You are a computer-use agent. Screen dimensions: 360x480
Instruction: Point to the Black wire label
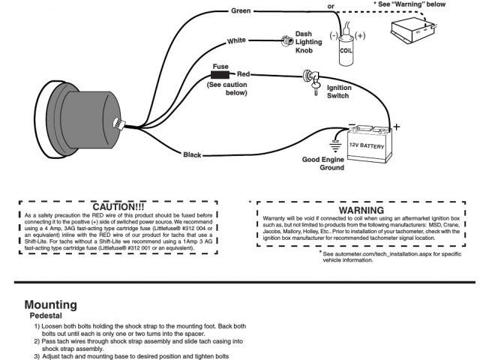click(x=192, y=154)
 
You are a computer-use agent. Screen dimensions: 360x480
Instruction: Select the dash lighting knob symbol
click(x=286, y=41)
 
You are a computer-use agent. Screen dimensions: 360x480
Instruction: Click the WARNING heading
click(x=361, y=210)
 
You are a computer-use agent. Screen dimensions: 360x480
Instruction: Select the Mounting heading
click(x=51, y=305)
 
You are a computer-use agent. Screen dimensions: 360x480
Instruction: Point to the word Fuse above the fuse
click(x=220, y=66)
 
